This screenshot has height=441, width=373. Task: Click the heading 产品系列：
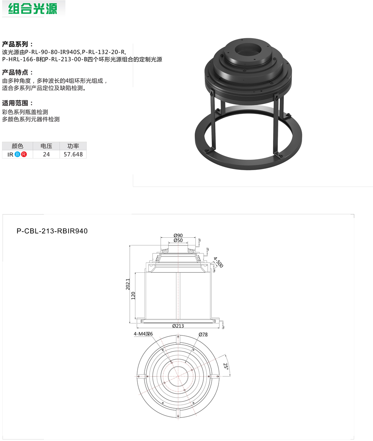[18, 44]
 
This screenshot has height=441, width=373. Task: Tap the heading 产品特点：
[18, 72]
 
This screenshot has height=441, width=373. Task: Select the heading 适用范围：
[18, 103]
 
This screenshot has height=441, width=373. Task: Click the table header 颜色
[18, 146]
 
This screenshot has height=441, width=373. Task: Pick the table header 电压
[46, 146]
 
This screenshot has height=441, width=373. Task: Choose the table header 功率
[73, 146]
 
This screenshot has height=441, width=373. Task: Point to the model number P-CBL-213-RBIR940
[52, 231]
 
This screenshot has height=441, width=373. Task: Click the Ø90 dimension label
[178, 235]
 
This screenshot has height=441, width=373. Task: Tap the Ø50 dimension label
[178, 241]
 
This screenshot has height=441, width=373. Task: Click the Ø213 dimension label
[178, 326]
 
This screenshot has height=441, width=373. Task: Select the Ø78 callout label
[203, 335]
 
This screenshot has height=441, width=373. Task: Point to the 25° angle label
[225, 366]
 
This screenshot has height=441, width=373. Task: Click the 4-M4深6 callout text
[144, 334]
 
